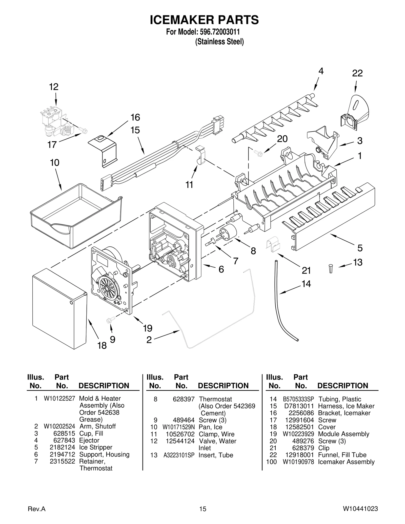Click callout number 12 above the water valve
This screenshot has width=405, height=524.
[54, 87]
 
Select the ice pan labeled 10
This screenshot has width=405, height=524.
[76, 215]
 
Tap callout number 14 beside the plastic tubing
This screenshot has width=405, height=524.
[306, 284]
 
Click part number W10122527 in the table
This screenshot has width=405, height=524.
[59, 399]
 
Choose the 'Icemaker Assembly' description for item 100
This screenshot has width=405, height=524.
[346, 462]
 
